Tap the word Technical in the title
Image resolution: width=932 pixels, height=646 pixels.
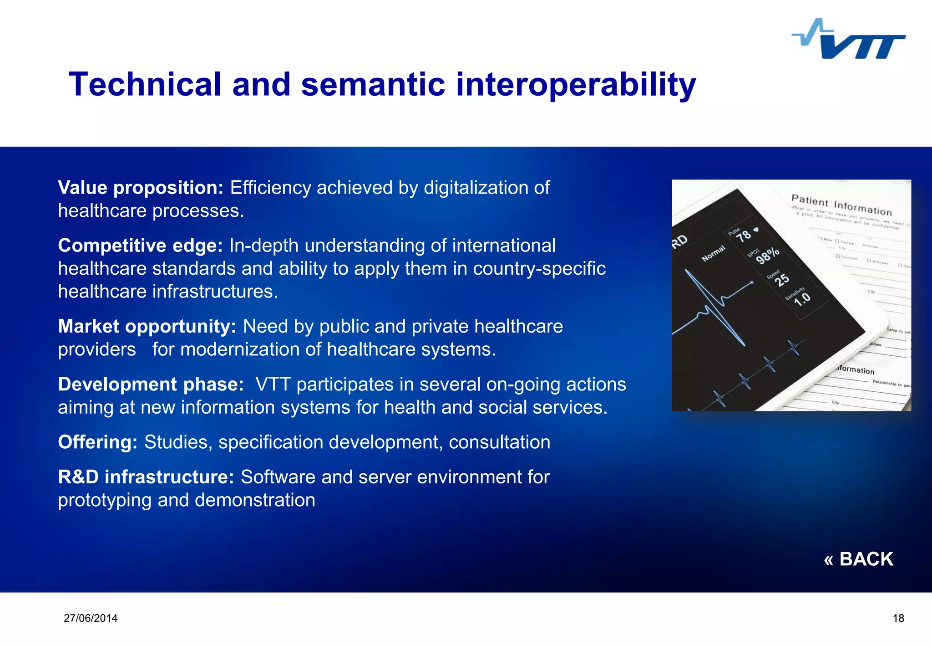145,85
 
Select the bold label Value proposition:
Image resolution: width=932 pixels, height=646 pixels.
140,188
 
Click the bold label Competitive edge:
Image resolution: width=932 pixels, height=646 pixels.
140,246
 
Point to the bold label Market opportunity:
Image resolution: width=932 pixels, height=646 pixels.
147,327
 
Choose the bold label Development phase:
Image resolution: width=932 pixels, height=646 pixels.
151,385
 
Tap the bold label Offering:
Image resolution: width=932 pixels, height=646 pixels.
97,442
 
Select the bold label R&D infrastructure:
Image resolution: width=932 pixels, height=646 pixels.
146,477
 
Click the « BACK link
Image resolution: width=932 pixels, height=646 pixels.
858,559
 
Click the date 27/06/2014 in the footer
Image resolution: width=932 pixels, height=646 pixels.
91,618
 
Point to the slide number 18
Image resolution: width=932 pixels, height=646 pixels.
898,618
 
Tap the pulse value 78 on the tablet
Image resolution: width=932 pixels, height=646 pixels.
743,236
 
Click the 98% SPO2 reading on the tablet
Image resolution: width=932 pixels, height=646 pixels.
767,256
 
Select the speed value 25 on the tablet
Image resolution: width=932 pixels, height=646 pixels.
781,279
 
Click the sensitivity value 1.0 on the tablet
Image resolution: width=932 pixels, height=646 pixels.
802,299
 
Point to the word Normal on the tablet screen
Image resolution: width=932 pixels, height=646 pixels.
713,253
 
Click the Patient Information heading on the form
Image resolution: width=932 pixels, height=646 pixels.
841,205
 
